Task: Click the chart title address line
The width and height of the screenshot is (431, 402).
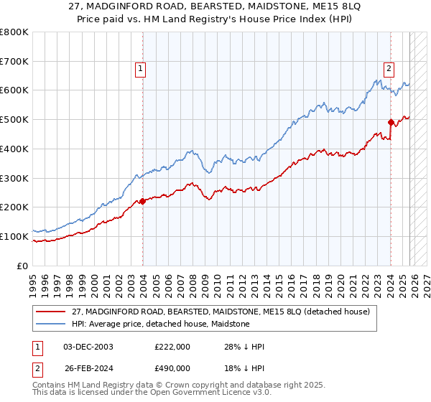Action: tap(215, 8)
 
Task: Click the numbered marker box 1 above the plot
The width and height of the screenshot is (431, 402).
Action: tap(140, 69)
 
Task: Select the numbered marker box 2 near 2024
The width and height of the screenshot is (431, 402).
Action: tap(389, 69)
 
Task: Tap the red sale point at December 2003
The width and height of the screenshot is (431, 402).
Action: tap(142, 201)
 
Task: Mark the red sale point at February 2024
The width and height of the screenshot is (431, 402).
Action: tap(391, 122)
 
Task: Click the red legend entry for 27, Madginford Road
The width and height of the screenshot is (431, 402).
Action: tap(221, 312)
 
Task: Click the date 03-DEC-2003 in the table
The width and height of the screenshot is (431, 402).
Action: tap(88, 347)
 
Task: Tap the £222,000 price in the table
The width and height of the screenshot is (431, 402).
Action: tap(172, 347)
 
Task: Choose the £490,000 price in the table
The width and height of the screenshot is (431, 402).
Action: tap(172, 368)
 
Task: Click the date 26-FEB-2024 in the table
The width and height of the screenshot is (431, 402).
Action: tap(88, 368)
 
